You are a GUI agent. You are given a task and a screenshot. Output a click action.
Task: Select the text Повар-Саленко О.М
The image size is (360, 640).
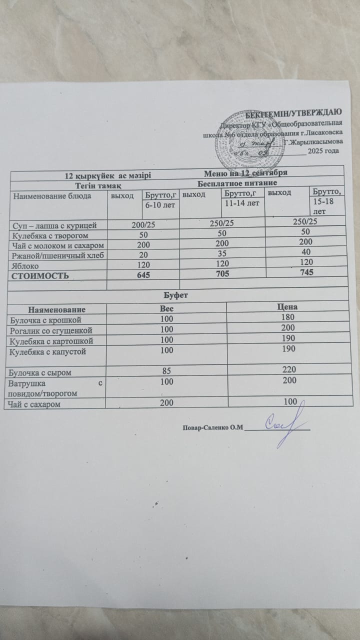coord(212,427)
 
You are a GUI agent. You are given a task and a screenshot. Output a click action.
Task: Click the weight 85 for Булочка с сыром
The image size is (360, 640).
coord(164,371)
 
